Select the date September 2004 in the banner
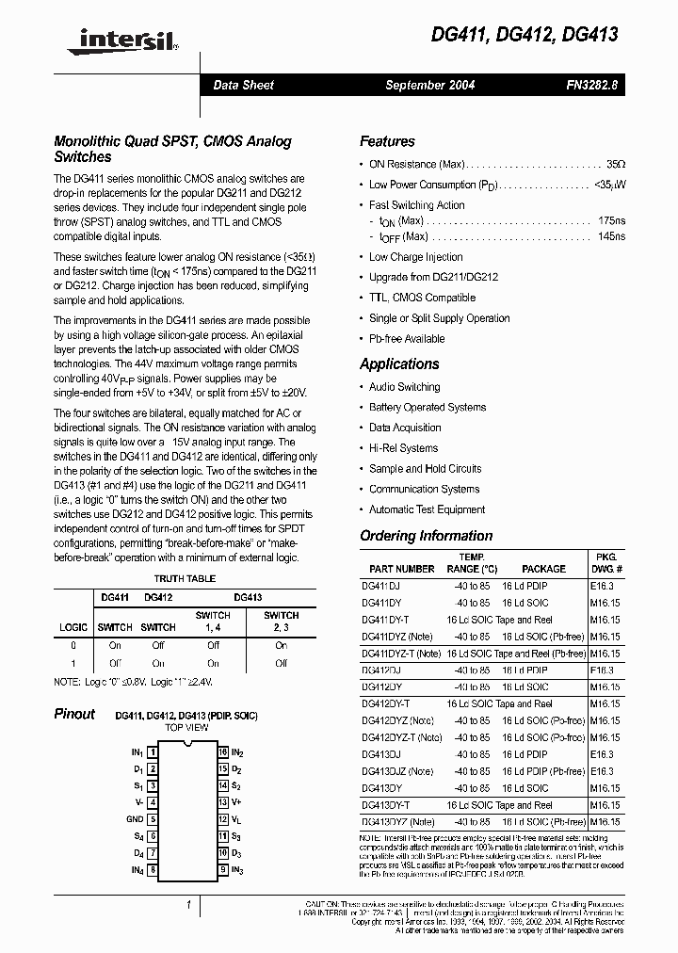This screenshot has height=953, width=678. [429, 85]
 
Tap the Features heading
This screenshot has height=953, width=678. [387, 141]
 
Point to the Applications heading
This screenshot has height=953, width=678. [399, 363]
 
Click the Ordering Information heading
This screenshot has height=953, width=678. [426, 536]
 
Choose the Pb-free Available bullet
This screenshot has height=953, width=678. [407, 339]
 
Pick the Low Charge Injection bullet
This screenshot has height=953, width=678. [415, 257]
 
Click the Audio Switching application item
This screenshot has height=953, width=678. [404, 387]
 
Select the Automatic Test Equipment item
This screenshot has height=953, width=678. [427, 509]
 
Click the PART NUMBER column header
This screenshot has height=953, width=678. [402, 569]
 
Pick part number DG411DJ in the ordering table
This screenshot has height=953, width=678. [381, 586]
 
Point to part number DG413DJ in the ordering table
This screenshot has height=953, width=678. [381, 755]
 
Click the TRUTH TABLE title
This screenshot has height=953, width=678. [185, 578]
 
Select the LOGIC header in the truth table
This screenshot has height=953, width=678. [73, 627]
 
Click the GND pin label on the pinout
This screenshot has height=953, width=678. [135, 819]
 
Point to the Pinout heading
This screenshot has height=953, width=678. [74, 714]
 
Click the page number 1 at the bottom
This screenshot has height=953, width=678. [189, 905]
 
